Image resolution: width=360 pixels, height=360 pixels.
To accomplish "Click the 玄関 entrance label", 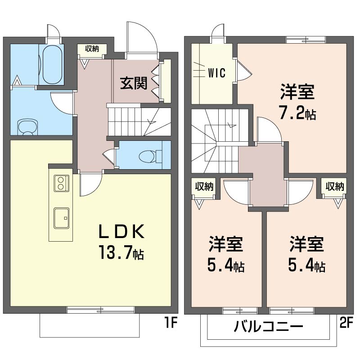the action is (x=134, y=83).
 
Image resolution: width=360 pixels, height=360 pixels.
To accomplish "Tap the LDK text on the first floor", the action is (x=121, y=231).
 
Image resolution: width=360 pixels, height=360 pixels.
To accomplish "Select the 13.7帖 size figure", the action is (x=121, y=252).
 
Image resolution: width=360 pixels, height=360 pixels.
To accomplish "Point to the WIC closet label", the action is (x=217, y=73).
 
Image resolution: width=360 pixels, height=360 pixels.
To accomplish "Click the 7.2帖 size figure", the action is (x=298, y=112).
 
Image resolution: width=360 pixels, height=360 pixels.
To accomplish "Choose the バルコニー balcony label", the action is (x=268, y=326).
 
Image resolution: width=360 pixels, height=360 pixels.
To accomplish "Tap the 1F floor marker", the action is (x=171, y=323).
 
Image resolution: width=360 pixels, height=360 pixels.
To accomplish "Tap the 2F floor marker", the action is (x=346, y=323).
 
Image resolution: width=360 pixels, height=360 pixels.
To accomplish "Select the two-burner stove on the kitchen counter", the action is (x=61, y=183).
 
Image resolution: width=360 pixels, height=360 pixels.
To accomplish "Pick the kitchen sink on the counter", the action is (x=61, y=218).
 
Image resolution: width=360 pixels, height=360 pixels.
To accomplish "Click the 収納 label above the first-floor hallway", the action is (x=92, y=49).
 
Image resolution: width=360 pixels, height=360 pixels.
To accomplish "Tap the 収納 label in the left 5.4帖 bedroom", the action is (x=204, y=186).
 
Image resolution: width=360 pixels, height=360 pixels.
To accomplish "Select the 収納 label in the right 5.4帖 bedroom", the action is (x=335, y=186).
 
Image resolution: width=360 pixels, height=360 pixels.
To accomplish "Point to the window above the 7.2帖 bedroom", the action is (x=306, y=40).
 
